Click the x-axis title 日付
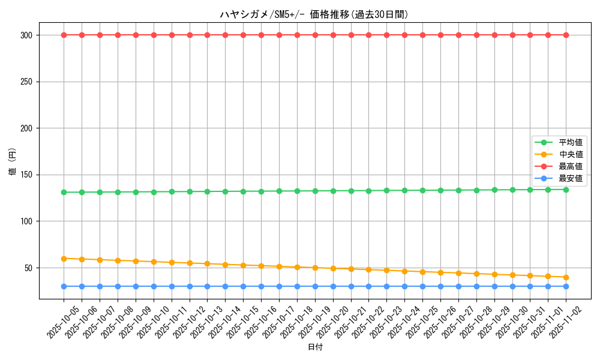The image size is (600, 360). (x=314, y=347)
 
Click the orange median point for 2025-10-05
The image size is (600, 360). (x=64, y=259)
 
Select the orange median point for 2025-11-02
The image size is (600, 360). (x=566, y=277)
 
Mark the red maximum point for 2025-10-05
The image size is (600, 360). (x=64, y=35)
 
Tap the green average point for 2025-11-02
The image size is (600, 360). (x=566, y=190)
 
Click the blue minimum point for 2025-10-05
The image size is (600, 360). (x=64, y=286)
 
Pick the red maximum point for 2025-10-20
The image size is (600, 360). (x=333, y=35)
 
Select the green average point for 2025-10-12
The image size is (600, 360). (x=190, y=191)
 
